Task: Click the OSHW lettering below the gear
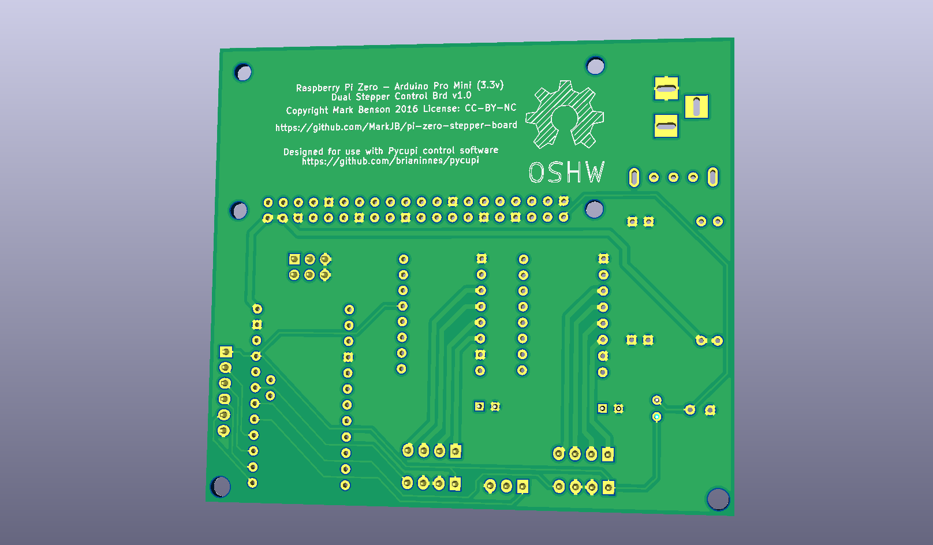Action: click(x=566, y=173)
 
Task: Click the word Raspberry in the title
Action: click(x=318, y=88)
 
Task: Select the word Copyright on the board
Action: click(x=307, y=110)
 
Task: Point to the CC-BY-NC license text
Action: click(x=490, y=108)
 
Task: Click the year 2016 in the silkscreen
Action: click(x=406, y=109)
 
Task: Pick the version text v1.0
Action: click(x=461, y=95)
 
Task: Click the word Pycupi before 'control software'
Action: click(x=402, y=151)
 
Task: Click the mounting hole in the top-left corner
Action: click(x=244, y=73)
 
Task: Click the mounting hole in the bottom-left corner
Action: click(x=221, y=487)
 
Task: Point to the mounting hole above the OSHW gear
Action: click(x=595, y=66)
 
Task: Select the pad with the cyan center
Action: click(x=656, y=416)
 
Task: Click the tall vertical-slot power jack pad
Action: click(x=696, y=107)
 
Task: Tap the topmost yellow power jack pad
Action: click(x=666, y=88)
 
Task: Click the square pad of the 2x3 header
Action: click(x=294, y=259)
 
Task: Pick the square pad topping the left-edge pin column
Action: click(x=226, y=352)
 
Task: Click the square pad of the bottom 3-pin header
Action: click(x=523, y=487)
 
